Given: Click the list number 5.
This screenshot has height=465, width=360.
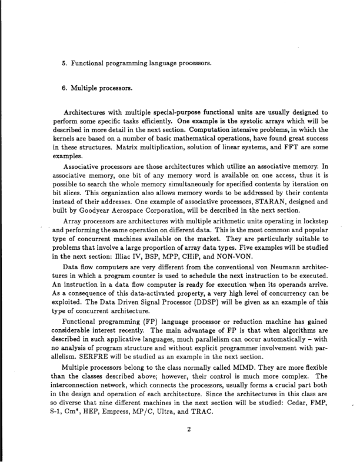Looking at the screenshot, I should pyautogui.click(x=64, y=62).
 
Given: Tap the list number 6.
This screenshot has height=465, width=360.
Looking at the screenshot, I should pyautogui.click(x=64, y=89).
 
